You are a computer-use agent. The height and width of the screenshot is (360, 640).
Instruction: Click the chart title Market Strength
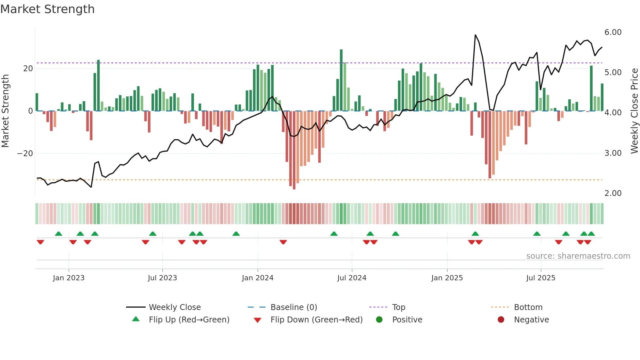click(47, 9)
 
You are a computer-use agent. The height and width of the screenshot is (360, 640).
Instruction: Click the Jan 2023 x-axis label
click(69, 278)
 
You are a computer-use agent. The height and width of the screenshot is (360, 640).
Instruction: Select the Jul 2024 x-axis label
click(352, 278)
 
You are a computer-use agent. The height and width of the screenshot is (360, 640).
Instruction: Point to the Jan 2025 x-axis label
click(447, 278)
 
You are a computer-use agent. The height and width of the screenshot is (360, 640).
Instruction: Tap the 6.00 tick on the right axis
click(613, 32)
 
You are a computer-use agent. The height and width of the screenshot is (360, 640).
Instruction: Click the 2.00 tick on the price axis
click(613, 193)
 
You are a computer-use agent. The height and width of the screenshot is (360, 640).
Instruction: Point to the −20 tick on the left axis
click(25, 154)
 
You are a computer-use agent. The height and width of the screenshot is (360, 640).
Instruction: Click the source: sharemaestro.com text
click(578, 256)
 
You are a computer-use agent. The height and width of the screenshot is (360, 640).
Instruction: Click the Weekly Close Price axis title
click(634, 111)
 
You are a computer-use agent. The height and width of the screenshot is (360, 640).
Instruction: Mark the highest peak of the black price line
click(475, 35)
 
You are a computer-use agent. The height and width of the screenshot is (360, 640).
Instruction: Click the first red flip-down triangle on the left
click(40, 242)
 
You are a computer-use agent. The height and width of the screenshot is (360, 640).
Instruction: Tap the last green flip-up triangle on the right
click(591, 234)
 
